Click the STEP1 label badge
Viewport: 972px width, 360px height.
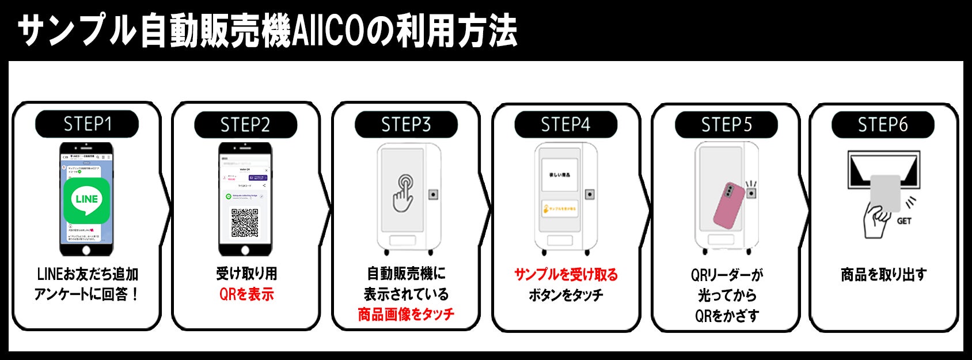point(87,124)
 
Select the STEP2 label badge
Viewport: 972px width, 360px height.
point(245,124)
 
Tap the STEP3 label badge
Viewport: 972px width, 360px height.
point(406,124)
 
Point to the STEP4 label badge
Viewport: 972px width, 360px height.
point(565,124)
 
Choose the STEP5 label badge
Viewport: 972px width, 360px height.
point(726,124)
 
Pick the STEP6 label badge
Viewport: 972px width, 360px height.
point(883,124)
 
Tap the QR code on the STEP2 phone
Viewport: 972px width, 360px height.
point(245,222)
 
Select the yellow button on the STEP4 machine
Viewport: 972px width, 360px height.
point(560,209)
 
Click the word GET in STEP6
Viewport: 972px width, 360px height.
point(904,221)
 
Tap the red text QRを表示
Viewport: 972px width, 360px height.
point(246,294)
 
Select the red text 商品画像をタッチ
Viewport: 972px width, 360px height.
point(406,314)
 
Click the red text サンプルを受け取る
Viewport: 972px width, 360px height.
point(565,275)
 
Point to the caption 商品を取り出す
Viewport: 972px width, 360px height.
point(883,275)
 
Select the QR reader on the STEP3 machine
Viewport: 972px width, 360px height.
point(433,195)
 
